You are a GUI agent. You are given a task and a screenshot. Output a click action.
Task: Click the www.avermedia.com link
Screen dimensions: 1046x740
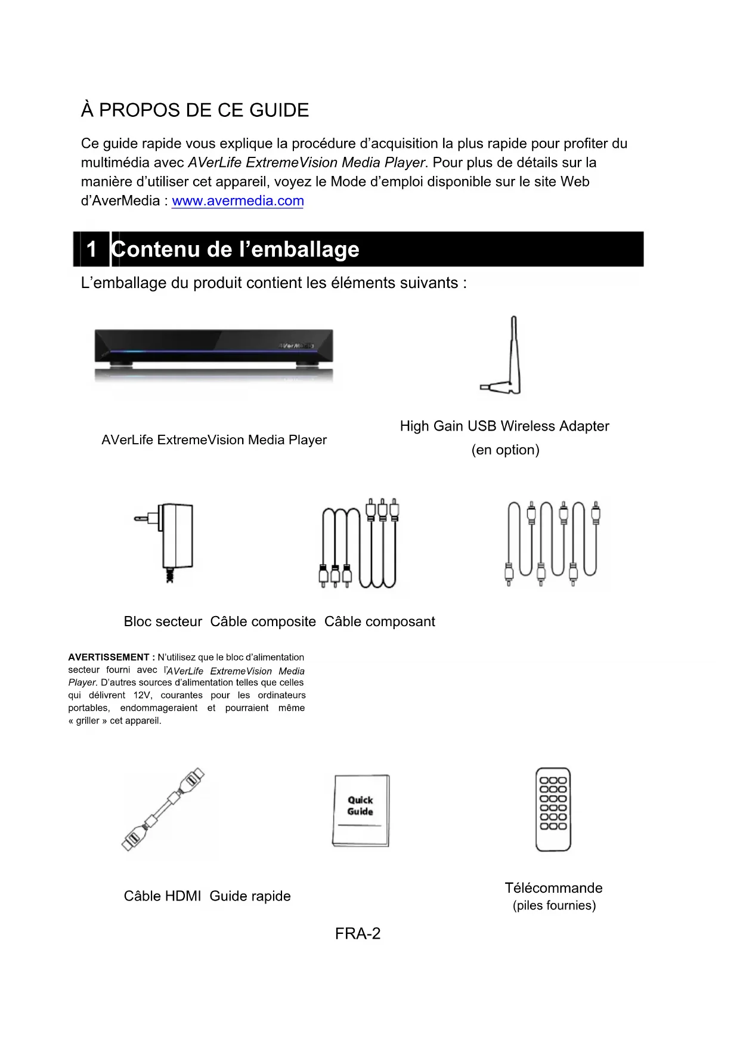point(237,201)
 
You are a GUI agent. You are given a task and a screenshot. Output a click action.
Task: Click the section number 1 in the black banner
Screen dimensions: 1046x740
point(91,249)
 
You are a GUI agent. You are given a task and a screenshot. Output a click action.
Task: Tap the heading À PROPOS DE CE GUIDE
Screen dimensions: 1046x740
point(195,110)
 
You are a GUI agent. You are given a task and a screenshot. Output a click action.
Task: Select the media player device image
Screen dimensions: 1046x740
point(213,355)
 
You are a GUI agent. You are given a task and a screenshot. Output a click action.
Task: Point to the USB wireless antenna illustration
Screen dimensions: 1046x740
point(506,356)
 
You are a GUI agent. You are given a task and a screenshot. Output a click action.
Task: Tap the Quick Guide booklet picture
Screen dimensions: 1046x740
point(361,810)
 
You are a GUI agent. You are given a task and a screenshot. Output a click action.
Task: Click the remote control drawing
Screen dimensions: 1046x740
point(553,809)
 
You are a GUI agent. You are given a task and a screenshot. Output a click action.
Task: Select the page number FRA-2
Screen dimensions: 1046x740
point(358,934)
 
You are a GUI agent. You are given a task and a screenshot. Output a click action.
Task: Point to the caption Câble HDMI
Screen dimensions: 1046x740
point(162,896)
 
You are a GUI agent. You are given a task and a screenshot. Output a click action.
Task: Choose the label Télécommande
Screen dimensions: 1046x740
point(553,888)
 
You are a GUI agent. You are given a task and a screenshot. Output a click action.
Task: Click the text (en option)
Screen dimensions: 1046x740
point(506,450)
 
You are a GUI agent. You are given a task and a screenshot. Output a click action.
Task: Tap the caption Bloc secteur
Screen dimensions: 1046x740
point(163,621)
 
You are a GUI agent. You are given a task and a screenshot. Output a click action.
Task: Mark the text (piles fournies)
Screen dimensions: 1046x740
point(554,905)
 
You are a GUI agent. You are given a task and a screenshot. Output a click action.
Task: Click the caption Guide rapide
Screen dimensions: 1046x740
point(250,896)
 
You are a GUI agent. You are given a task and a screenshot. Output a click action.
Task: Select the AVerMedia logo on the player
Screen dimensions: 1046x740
point(296,345)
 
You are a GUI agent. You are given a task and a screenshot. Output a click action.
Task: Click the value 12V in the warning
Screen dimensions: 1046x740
point(142,695)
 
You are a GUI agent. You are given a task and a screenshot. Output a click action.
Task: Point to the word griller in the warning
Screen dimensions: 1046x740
point(88,720)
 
